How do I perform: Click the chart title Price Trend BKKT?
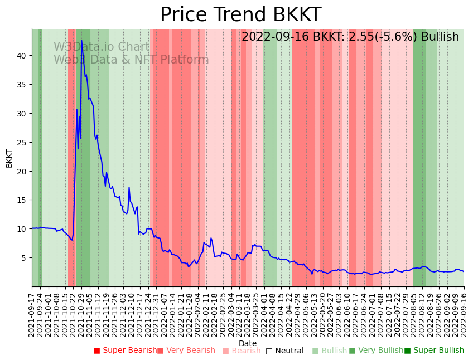240,14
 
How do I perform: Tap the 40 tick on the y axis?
23,56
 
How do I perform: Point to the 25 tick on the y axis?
23,142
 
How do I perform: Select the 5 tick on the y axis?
25,257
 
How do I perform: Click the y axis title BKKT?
9,158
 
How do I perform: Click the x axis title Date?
248,343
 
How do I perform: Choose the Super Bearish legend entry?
125,351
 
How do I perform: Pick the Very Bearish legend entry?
186,351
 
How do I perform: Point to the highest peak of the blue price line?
81,40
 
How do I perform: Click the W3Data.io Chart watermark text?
102,47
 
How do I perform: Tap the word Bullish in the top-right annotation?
440,37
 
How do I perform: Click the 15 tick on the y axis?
23,200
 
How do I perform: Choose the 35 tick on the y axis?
23,85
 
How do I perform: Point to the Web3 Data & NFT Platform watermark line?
131,60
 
